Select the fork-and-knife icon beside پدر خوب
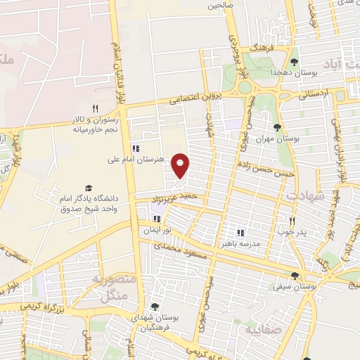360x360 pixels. (x=302, y=220)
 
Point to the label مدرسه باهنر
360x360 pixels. (x=241, y=243)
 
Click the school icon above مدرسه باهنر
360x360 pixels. (x=240, y=232)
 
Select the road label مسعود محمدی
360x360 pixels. (x=182, y=251)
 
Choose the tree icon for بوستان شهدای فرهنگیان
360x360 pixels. (x=154, y=306)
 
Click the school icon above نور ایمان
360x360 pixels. (x=147, y=219)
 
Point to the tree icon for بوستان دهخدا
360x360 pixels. (x=294, y=62)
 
